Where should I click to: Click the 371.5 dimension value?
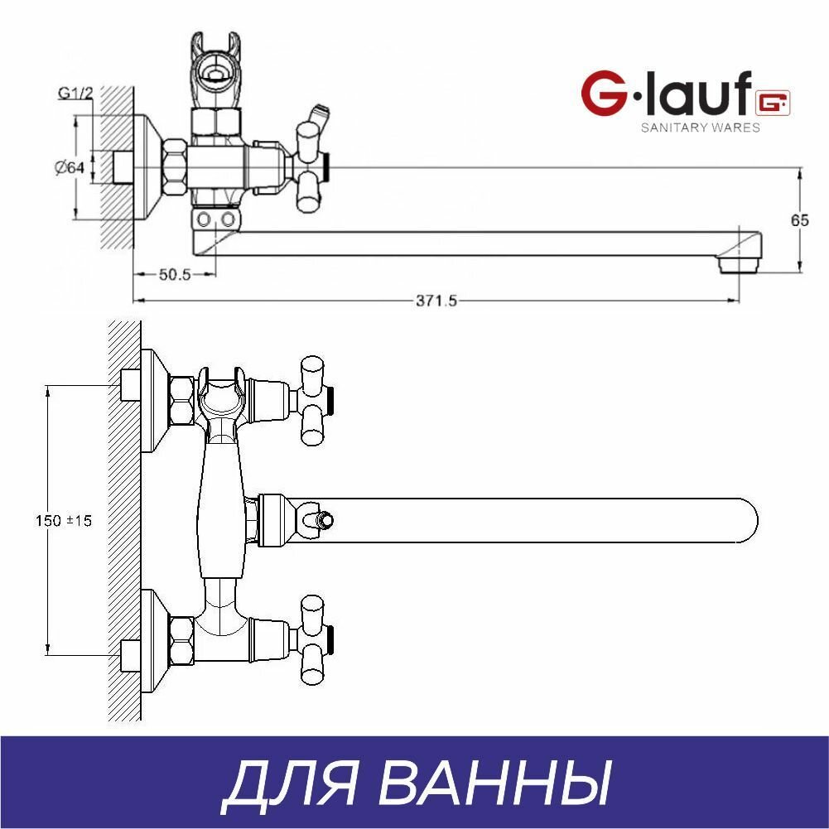(436, 301)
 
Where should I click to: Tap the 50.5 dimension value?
(175, 274)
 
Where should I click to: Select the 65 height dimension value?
(799, 220)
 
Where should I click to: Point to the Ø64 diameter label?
(70, 167)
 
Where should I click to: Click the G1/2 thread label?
(75, 93)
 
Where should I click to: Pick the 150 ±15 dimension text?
(64, 521)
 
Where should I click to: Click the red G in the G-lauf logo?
(603, 94)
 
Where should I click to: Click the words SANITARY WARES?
(700, 128)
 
